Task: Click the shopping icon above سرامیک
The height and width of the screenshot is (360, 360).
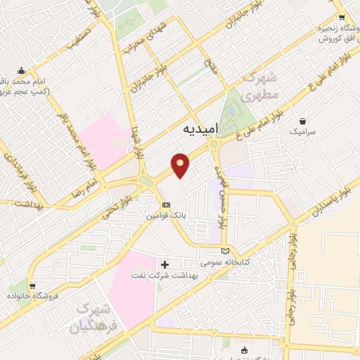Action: pyautogui.click(x=302, y=120)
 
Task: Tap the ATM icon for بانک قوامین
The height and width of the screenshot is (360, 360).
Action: pyautogui.click(x=165, y=205)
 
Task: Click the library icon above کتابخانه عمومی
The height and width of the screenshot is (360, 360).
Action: pyautogui.click(x=225, y=251)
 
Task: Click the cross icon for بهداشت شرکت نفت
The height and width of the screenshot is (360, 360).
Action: pyautogui.click(x=165, y=264)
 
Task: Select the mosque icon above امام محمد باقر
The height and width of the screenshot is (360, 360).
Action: pyautogui.click(x=22, y=70)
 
